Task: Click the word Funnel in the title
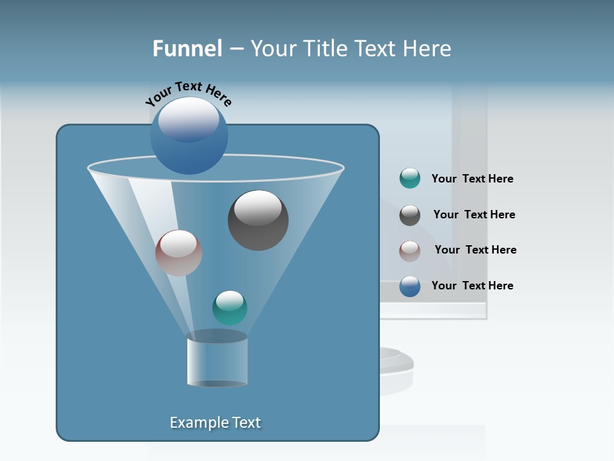click(x=187, y=49)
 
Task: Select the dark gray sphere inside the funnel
click(x=258, y=220)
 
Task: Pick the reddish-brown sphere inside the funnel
click(x=178, y=253)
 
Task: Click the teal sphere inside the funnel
click(x=230, y=308)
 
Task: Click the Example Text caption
click(x=215, y=423)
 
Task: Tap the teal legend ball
click(x=409, y=179)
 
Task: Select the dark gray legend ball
click(x=409, y=215)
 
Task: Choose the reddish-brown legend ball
click(x=409, y=250)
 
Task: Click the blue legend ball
click(x=409, y=286)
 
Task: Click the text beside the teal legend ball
click(x=472, y=179)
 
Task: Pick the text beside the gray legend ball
click(x=474, y=214)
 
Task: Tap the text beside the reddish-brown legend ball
click(x=475, y=250)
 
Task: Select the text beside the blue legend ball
click(x=472, y=286)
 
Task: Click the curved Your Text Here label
click(x=188, y=93)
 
